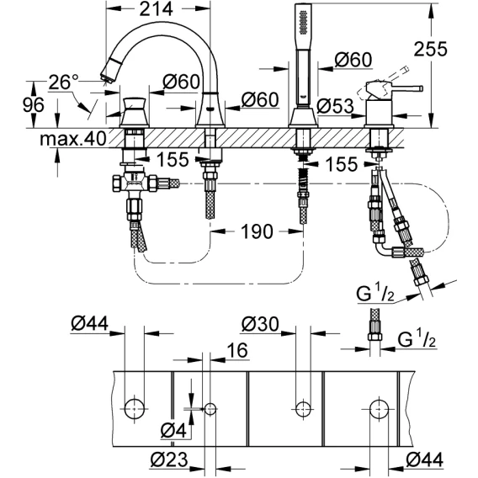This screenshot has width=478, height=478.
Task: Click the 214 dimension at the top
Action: tap(156, 9)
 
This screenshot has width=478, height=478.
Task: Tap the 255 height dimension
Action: tap(430, 49)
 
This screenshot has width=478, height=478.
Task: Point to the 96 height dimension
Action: tap(33, 105)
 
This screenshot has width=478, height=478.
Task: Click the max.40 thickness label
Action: tap(73, 139)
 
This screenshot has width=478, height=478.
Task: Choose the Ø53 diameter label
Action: tap(335, 107)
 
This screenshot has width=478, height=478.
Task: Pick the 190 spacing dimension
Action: tap(257, 231)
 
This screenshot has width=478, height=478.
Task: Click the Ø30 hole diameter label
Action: tap(260, 324)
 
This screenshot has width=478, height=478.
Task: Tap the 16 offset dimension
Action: tap(237, 350)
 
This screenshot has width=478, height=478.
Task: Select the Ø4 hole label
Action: tap(173, 431)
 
